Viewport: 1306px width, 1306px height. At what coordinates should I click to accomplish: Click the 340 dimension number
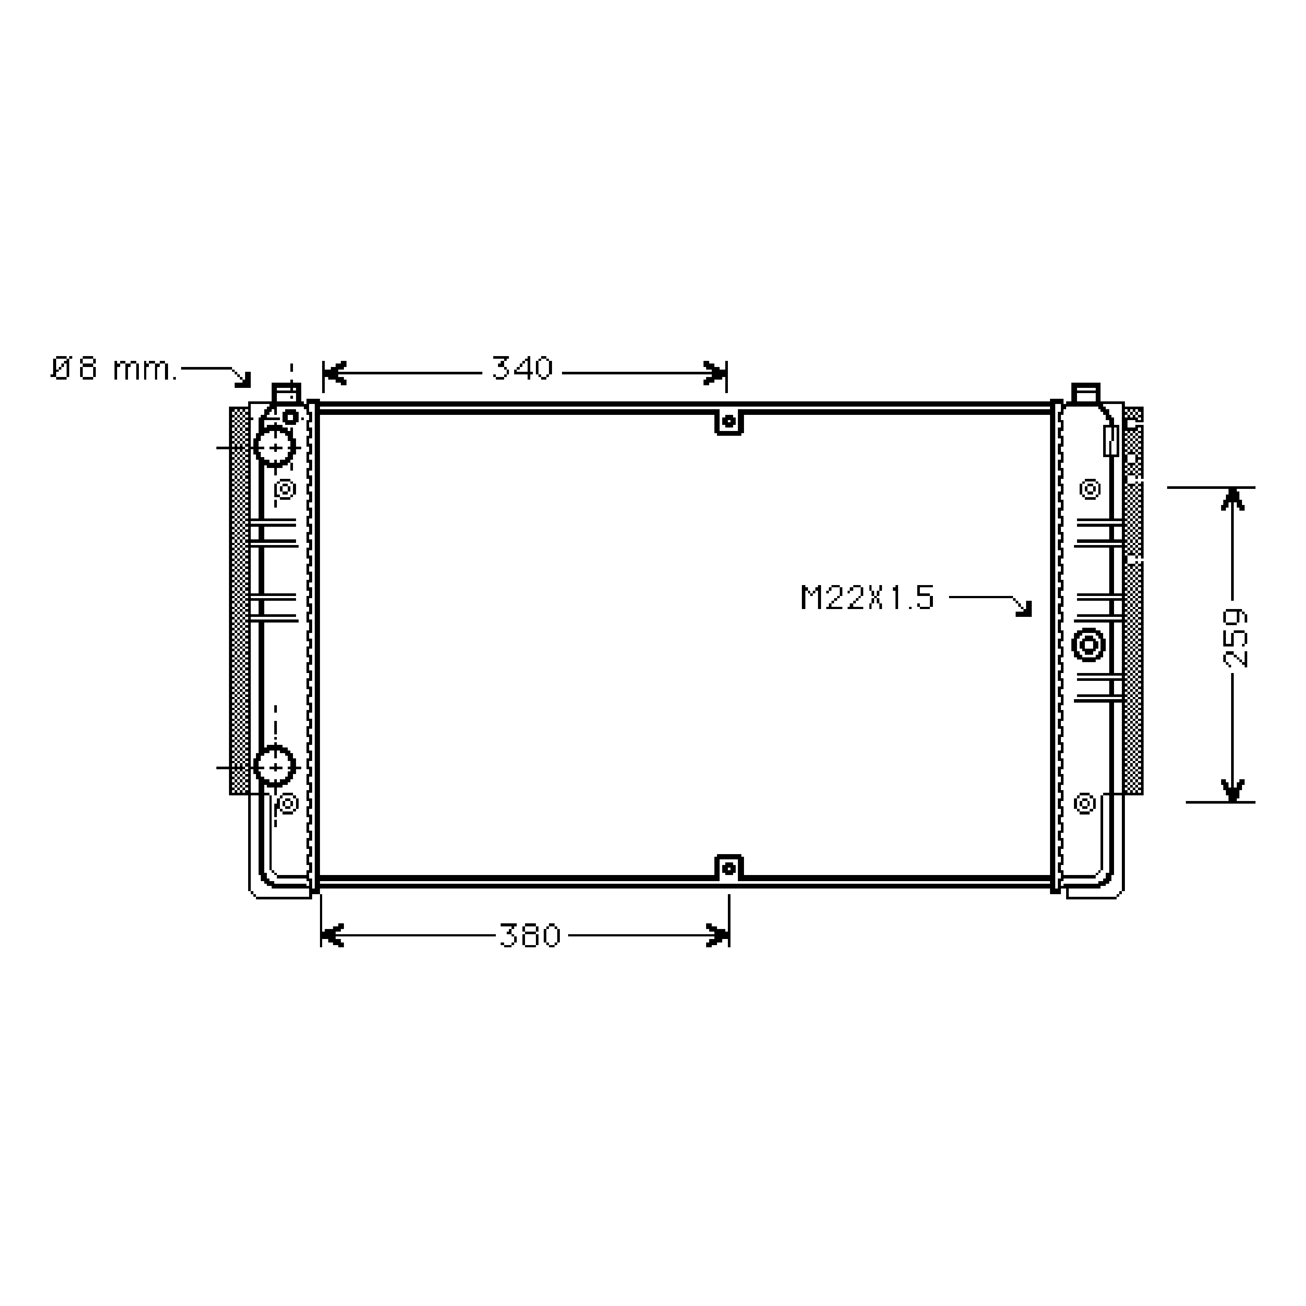[x=522, y=368]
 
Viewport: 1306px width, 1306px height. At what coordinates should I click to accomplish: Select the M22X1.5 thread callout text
[x=867, y=598]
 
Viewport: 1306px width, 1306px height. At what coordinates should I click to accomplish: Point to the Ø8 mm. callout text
[x=114, y=369]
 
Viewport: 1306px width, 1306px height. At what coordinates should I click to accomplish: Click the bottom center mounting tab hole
[x=729, y=868]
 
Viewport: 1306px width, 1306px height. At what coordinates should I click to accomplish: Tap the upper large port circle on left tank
[x=275, y=447]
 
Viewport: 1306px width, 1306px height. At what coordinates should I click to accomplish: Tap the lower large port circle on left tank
[x=275, y=767]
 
